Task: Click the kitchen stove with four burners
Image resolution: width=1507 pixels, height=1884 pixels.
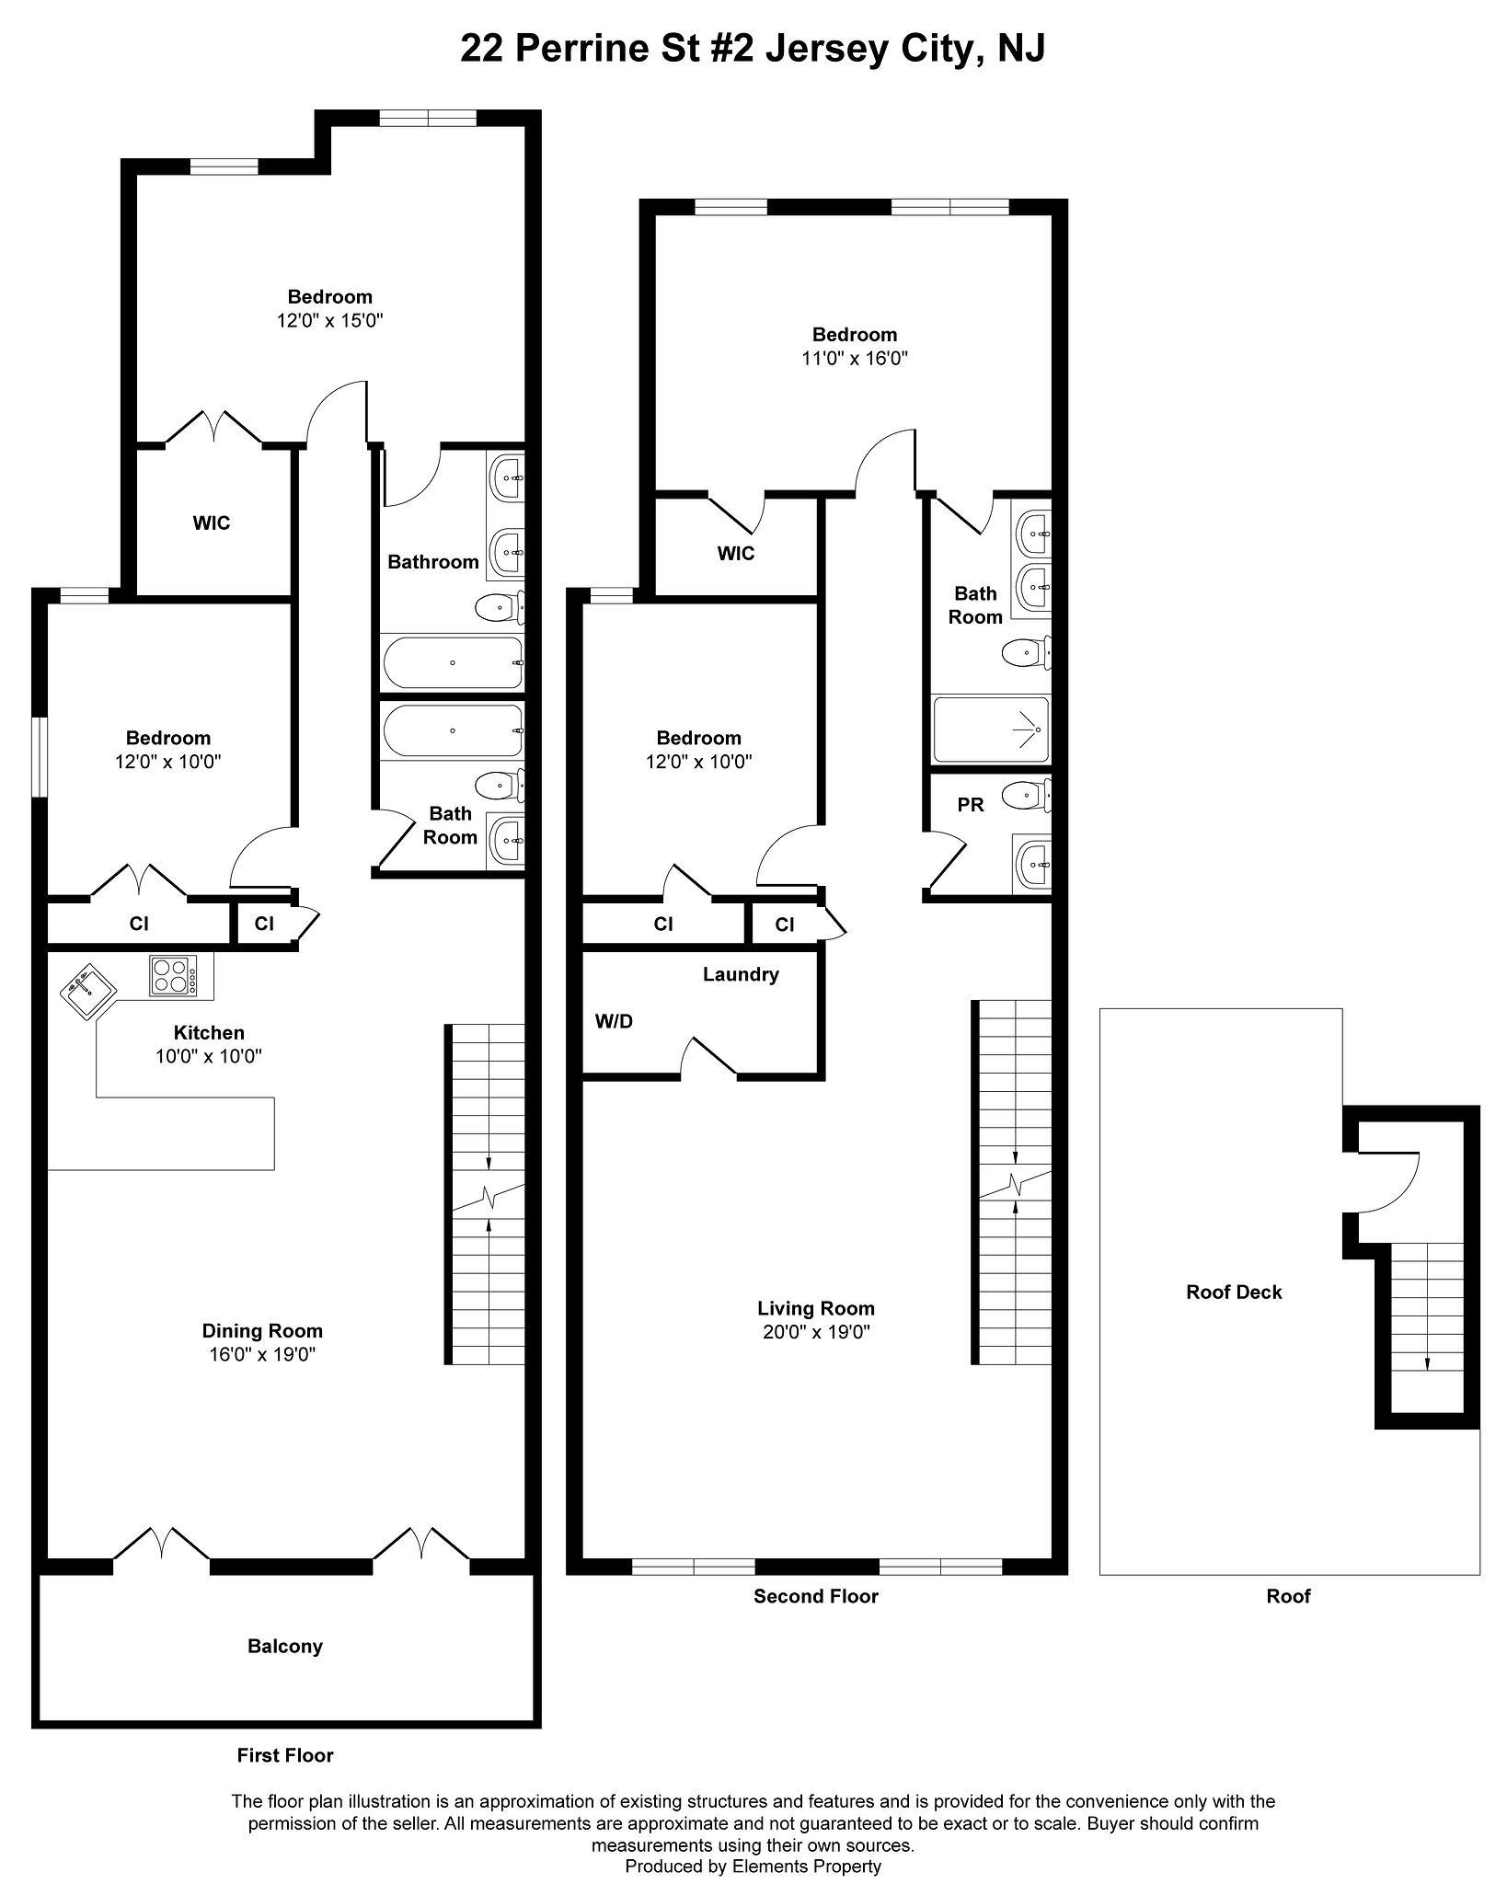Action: (x=173, y=975)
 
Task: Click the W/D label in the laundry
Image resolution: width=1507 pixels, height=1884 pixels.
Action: (x=614, y=1021)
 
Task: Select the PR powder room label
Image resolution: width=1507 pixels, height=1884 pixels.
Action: (x=971, y=805)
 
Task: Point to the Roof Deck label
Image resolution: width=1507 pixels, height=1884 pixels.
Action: (x=1234, y=1292)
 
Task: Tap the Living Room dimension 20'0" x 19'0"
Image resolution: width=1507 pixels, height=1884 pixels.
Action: (x=816, y=1332)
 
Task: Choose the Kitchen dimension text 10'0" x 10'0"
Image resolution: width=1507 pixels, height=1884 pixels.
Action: (x=209, y=1056)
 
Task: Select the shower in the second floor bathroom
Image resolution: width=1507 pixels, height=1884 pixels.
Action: (x=991, y=729)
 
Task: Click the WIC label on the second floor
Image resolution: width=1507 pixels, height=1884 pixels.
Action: (x=736, y=553)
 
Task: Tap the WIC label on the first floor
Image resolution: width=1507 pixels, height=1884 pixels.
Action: (x=212, y=523)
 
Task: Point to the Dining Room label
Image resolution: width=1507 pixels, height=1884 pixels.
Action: (x=262, y=1330)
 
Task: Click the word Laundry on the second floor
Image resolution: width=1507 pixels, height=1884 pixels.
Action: (x=741, y=974)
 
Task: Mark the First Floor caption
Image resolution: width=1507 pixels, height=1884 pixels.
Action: (x=285, y=1755)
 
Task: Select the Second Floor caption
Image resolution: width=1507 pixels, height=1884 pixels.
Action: (x=816, y=1596)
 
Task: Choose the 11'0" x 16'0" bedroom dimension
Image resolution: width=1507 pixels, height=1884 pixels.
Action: (x=855, y=358)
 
